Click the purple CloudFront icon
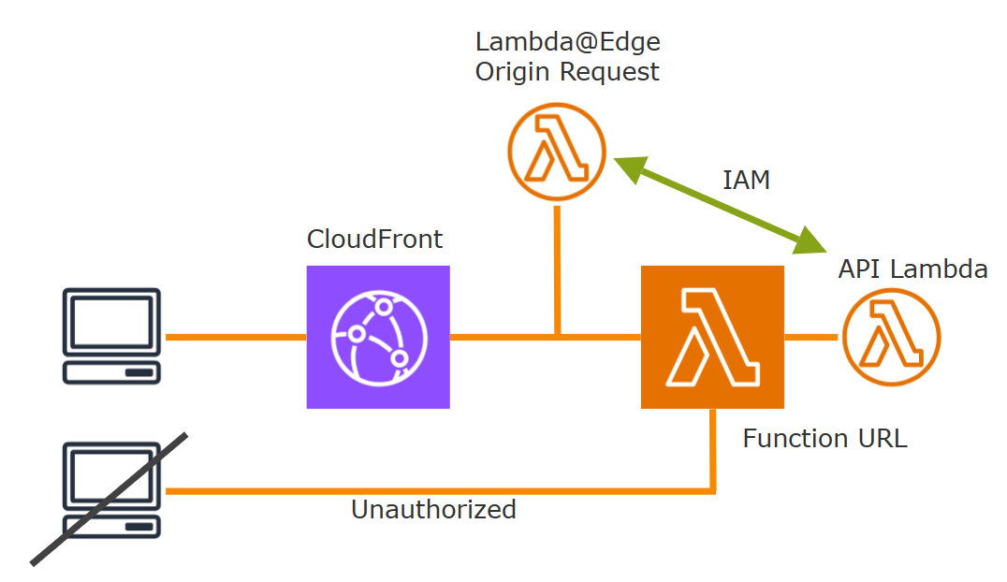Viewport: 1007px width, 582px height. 378,337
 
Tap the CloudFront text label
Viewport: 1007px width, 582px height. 374,240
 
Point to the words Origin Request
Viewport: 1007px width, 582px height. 567,72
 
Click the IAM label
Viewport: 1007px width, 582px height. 746,181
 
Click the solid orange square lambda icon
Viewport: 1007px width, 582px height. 712,337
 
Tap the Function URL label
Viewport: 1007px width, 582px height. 825,438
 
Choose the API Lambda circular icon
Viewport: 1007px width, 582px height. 890,337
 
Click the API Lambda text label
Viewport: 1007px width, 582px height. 912,269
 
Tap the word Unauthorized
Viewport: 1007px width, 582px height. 433,509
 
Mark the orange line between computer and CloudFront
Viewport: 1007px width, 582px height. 235,337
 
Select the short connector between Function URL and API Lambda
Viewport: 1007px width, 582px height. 810,337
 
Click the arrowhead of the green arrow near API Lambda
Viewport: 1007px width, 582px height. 810,243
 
